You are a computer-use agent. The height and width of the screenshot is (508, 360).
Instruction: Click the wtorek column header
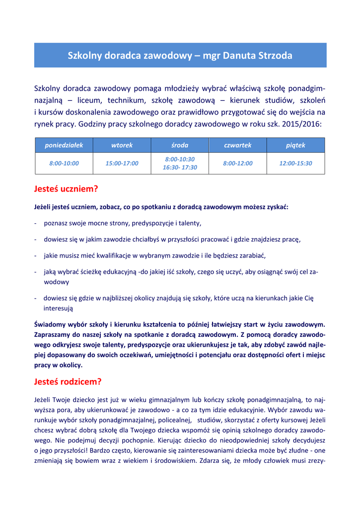tap(122, 145)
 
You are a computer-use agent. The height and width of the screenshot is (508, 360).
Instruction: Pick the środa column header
tap(180, 145)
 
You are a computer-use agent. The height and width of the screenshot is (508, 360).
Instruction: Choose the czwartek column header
tap(238, 145)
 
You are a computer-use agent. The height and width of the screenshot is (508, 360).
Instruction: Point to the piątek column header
tap(295, 145)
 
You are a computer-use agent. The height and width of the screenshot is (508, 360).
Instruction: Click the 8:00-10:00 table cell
tap(64, 163)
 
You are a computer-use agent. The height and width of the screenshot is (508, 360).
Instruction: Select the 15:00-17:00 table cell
tap(122, 163)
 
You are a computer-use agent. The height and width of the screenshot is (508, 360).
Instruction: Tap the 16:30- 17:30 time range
tap(180, 168)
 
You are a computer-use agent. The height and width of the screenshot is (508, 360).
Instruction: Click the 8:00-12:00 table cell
tap(238, 163)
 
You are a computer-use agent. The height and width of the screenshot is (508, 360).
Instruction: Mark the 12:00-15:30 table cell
tap(295, 163)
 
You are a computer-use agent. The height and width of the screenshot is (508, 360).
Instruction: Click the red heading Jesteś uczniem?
tap(66, 189)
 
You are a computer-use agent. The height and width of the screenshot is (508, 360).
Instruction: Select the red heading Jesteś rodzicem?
tap(68, 382)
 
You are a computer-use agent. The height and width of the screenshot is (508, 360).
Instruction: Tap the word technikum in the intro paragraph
tap(125, 100)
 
